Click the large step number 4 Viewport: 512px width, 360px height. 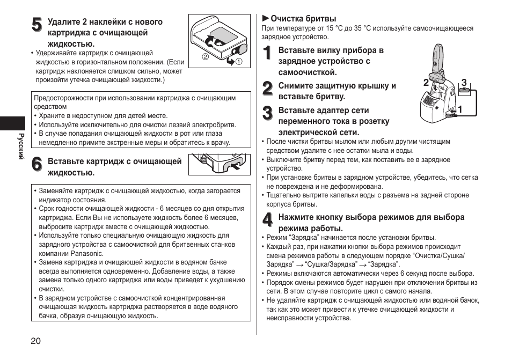[267, 221]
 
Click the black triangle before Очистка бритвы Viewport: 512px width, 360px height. [265, 19]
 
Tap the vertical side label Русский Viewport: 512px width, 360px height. [22, 146]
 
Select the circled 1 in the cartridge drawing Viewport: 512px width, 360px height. [239, 61]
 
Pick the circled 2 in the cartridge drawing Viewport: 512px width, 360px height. [204, 57]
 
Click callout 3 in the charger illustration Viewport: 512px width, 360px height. [464, 83]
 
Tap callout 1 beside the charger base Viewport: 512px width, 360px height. [460, 109]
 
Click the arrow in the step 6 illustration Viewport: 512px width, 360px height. [233, 166]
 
